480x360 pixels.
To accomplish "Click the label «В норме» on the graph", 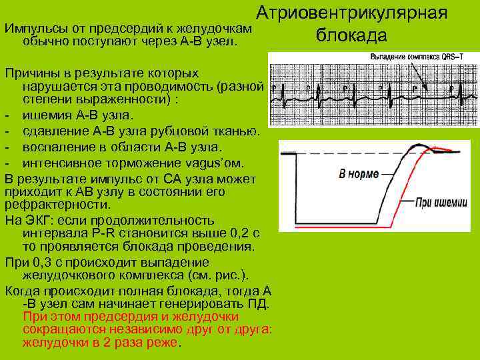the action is pyautogui.click(x=359, y=174).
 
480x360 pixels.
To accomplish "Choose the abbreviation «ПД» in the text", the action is pyautogui.click(x=259, y=304).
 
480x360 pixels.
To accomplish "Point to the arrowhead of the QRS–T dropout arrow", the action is pyautogui.click(x=415, y=90).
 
